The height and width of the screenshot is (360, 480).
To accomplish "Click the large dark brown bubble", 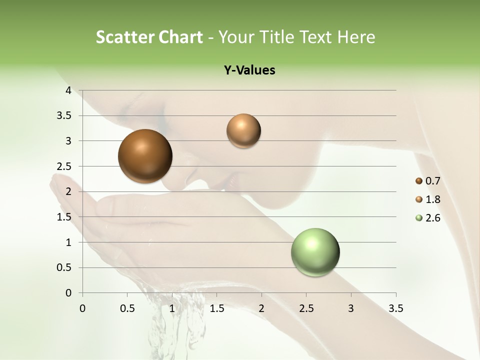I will point(145,156).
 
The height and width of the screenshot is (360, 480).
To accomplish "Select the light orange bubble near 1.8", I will point(243,130).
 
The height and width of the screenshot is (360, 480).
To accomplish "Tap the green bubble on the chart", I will point(315,252).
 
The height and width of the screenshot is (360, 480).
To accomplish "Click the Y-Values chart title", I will point(249,70).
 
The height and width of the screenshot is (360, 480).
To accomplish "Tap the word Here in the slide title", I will point(356,37).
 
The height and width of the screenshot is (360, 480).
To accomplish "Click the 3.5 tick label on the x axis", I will point(395,307).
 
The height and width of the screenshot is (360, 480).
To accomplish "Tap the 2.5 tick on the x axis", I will point(306,307).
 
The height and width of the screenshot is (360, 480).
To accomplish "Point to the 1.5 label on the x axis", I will point(216,307).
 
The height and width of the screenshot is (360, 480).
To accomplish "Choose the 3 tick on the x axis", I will point(351,307).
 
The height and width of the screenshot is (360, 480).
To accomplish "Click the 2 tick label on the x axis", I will point(261,307).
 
